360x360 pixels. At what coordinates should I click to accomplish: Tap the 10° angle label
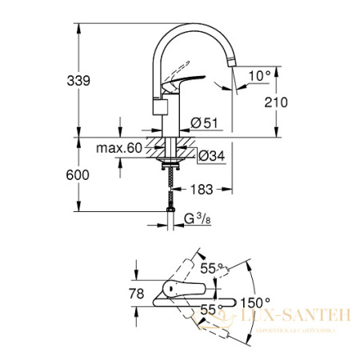259,75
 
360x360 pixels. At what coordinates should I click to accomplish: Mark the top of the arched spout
197,27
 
